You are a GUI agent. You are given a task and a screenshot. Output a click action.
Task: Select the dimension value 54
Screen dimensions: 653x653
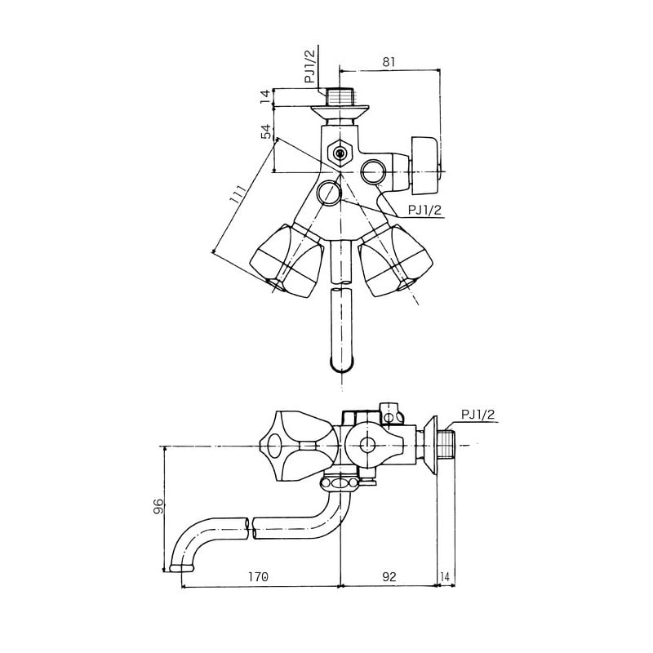click(265, 133)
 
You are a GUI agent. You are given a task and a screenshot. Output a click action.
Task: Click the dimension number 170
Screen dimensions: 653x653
click(258, 577)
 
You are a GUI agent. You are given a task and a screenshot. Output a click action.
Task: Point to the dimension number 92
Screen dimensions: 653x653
click(389, 577)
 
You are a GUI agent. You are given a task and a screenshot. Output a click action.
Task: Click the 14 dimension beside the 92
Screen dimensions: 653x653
click(445, 577)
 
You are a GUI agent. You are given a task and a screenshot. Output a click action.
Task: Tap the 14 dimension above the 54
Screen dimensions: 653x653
click(265, 96)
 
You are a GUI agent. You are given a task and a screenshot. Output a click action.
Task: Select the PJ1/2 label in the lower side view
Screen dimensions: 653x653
click(478, 415)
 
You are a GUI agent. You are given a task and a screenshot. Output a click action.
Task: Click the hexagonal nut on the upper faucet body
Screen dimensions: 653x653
click(337, 152)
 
